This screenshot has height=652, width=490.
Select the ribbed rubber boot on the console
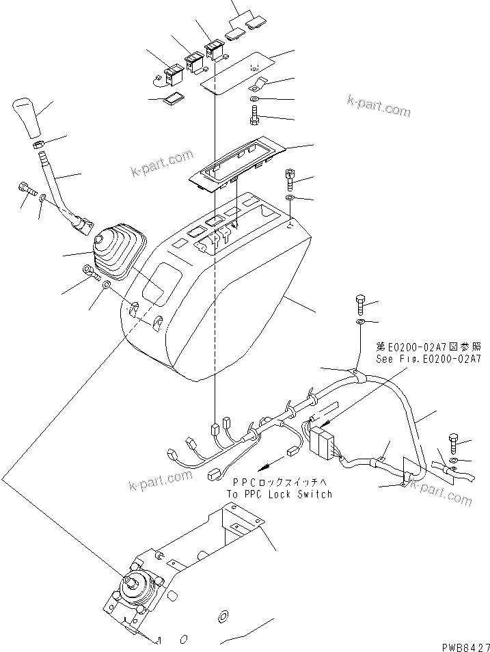point(116,249)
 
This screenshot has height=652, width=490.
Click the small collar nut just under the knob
point(39,144)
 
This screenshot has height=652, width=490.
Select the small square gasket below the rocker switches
point(172,100)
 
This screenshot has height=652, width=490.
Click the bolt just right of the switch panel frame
point(290,179)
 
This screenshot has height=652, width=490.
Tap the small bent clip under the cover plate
point(257,86)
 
